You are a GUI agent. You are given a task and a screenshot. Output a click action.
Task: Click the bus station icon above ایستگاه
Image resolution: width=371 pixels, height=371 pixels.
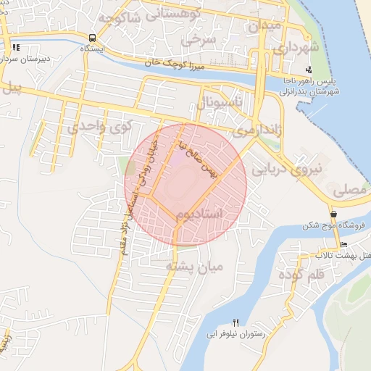pos(92,38)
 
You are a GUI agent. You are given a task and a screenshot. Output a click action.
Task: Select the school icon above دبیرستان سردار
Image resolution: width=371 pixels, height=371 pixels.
pos(16,49)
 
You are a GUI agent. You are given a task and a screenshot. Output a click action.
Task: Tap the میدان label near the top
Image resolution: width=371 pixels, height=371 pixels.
pos(264,25)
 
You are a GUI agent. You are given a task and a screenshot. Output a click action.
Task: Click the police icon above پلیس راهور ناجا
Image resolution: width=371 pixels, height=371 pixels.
pos(309,70)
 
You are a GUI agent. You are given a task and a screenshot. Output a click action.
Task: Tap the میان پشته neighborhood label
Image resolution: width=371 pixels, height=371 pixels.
pos(196,267)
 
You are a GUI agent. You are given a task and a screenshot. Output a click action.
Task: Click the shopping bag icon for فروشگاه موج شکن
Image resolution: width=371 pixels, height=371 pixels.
pos(333,214)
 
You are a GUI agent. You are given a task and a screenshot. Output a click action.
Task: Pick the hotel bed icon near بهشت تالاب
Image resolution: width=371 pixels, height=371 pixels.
pos(343,244)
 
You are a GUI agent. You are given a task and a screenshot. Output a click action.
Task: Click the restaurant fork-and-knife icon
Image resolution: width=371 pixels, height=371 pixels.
pos(235,322)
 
